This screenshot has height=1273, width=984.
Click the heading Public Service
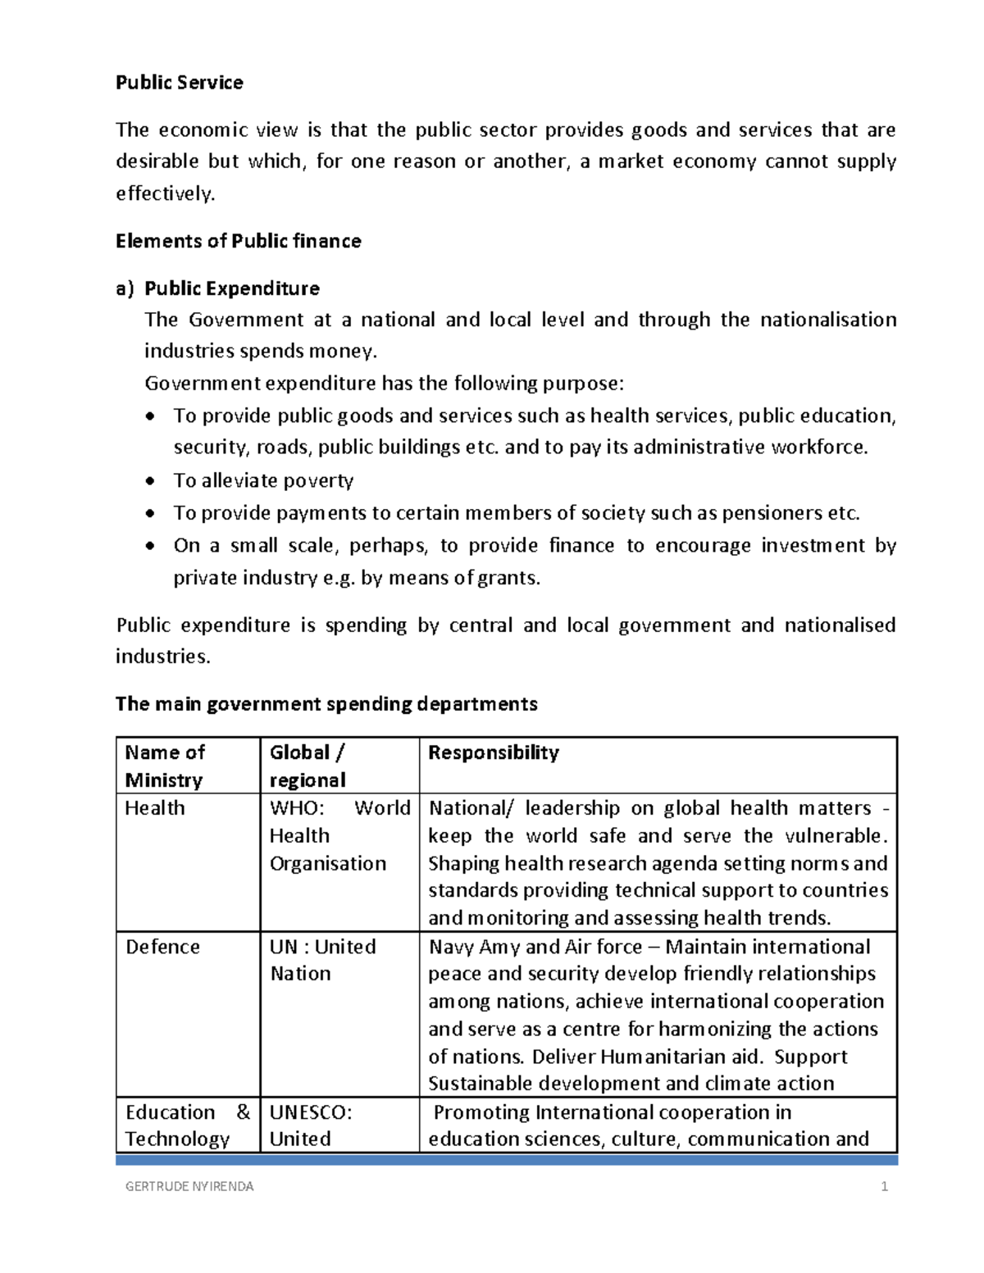(x=179, y=83)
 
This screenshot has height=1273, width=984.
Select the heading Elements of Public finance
(x=238, y=241)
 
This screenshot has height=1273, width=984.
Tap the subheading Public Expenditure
(x=232, y=289)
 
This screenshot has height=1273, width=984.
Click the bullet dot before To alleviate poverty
(x=149, y=481)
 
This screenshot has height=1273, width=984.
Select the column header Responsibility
(x=493, y=752)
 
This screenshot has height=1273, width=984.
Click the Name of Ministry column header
(x=164, y=766)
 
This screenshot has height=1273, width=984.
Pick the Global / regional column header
(x=307, y=766)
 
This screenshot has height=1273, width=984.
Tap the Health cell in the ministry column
(x=154, y=808)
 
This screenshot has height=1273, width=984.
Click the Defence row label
(x=162, y=947)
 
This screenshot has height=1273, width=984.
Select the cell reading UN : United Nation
(x=322, y=960)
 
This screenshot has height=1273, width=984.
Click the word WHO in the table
(x=296, y=808)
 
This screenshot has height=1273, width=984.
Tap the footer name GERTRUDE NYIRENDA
(x=189, y=1186)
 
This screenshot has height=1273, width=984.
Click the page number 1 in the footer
(x=884, y=1186)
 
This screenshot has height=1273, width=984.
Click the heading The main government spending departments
(x=326, y=704)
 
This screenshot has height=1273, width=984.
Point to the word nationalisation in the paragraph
(x=827, y=320)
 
